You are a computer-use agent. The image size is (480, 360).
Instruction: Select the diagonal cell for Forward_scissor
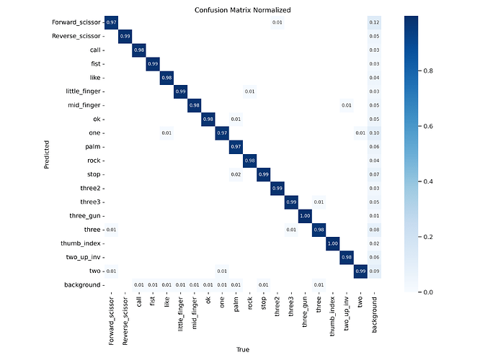[111, 22]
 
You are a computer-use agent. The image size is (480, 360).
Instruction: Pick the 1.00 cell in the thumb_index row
[333, 243]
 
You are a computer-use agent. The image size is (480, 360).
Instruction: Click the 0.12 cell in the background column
[375, 22]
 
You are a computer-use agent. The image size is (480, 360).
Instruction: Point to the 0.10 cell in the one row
[375, 133]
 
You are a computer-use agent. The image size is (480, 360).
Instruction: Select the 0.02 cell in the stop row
[236, 174]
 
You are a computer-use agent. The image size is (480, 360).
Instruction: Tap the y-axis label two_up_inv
[85, 257]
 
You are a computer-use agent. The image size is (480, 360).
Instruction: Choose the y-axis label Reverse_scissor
[76, 36]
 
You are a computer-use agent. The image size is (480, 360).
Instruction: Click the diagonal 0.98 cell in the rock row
[250, 161]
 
